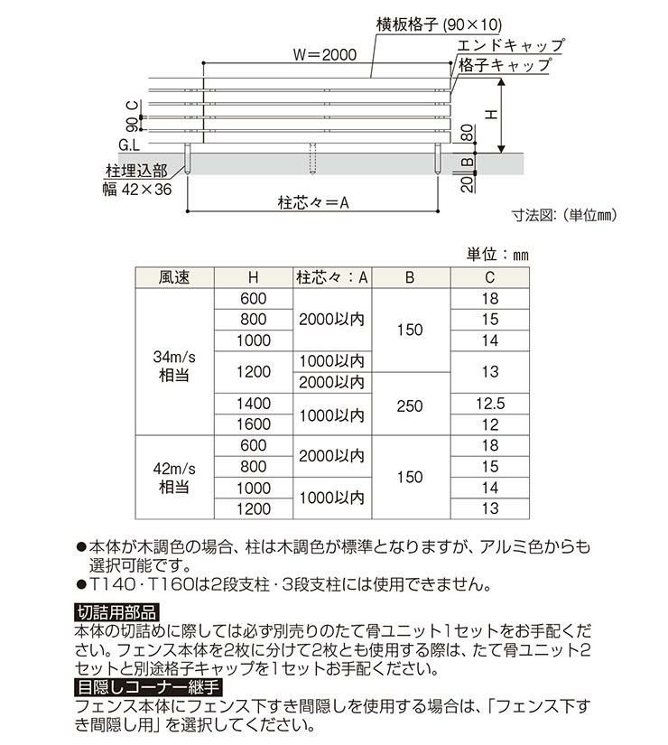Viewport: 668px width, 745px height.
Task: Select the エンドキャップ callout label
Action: [x=511, y=45]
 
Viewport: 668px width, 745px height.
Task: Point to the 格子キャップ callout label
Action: [x=505, y=66]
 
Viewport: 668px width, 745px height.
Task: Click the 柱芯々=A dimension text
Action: [x=313, y=204]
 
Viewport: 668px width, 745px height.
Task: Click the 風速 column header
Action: [x=174, y=278]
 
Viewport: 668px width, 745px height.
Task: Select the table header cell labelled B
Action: [x=409, y=278]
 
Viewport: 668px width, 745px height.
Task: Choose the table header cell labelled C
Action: [x=490, y=278]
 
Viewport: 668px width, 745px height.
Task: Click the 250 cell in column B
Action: [x=409, y=406]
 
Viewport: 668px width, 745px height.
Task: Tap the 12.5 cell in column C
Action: [x=490, y=403]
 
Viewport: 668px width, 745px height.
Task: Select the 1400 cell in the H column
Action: [x=254, y=403]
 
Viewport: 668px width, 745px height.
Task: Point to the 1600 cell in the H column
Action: [x=254, y=424]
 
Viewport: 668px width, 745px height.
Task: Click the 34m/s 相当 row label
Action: [x=174, y=366]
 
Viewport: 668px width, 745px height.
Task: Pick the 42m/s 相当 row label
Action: [x=174, y=477]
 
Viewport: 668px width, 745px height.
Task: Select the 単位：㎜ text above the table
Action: [x=497, y=255]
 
